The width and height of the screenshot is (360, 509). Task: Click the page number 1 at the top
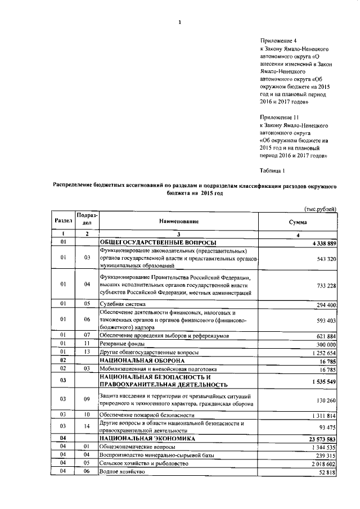(x=179, y=22)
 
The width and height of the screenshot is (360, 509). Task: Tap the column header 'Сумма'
(x=298, y=222)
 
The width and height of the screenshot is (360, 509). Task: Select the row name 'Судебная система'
(x=120, y=304)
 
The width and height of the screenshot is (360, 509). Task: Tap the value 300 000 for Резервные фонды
(x=325, y=344)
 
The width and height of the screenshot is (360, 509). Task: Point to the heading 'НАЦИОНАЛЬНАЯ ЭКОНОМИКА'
(x=147, y=438)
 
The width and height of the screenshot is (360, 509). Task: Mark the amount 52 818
(x=327, y=472)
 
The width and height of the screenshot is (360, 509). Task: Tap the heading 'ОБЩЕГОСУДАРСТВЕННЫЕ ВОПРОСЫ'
(x=154, y=242)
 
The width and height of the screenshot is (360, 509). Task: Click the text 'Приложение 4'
(x=278, y=41)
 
